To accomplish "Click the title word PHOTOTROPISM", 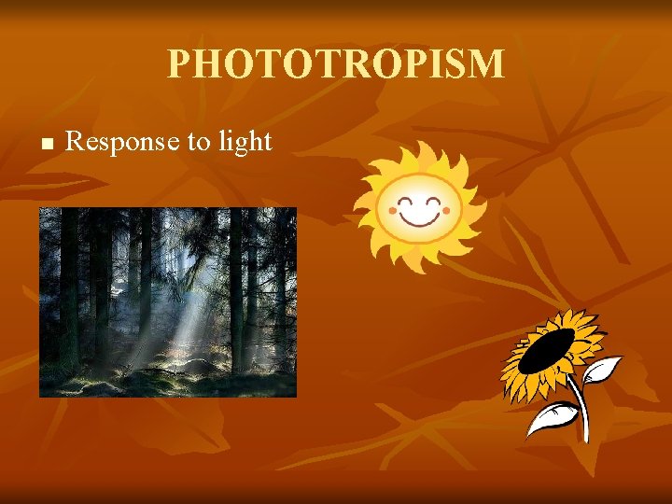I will pyautogui.click(x=336, y=64).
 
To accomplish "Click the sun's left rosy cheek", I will pyautogui.click(x=390, y=212).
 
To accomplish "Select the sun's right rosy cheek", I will pyautogui.click(x=446, y=211).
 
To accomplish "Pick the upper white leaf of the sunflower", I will pyautogui.click(x=602, y=370).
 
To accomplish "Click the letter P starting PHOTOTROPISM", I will pyautogui.click(x=179, y=64).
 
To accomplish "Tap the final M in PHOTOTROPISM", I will pyautogui.click(x=487, y=64).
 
